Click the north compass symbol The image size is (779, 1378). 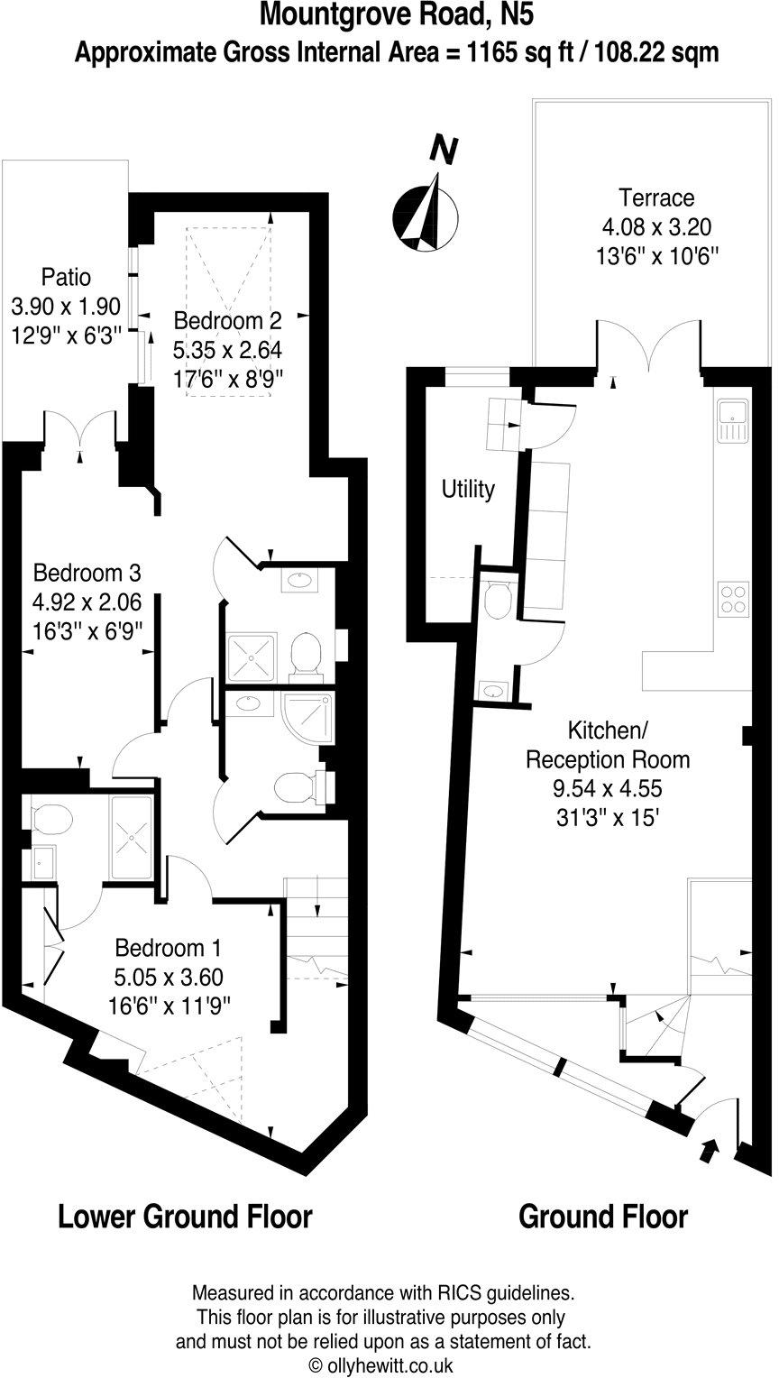[426, 213]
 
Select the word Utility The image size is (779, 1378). [468, 490]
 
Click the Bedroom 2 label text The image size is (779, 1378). [227, 320]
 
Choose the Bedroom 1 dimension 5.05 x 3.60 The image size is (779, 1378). [169, 977]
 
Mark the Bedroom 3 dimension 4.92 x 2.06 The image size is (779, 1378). [87, 602]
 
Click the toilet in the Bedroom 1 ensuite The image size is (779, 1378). [52, 819]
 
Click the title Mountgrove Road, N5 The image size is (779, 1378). [389, 15]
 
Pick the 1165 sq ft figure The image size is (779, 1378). [518, 52]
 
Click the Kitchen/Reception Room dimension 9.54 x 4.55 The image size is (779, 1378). [607, 788]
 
